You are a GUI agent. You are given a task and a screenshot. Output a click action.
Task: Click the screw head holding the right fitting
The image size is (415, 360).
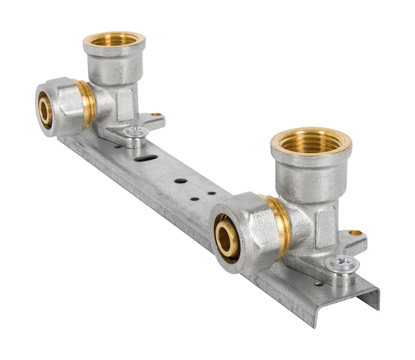(342, 264)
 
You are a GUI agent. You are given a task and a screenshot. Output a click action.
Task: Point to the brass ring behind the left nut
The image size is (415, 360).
(87, 104)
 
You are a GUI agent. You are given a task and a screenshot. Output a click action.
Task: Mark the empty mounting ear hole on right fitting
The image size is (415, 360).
(356, 233)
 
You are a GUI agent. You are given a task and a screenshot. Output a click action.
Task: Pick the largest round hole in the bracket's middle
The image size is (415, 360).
(180, 181)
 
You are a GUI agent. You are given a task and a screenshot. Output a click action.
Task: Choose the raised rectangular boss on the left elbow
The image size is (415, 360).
(124, 104)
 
